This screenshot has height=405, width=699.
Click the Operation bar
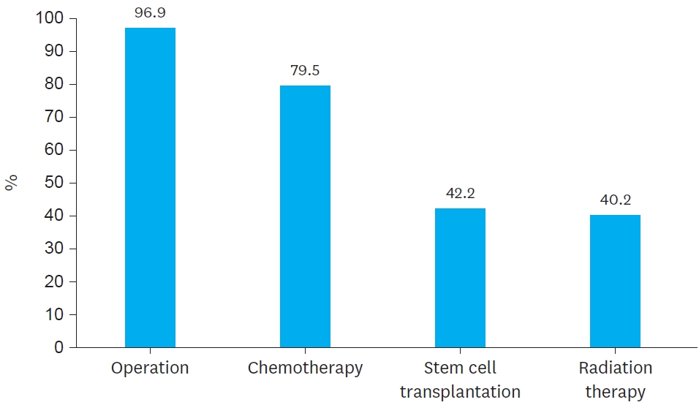[150, 187]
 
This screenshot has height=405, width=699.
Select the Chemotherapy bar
[305, 216]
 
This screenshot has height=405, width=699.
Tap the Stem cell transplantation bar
[460, 278]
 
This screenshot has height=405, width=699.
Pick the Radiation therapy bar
[615, 281]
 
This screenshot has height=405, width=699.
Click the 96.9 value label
[150, 13]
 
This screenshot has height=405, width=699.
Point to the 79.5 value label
[305, 71]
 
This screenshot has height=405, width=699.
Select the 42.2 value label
[460, 194]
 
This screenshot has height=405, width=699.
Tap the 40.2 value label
[615, 200]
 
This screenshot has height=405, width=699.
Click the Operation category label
[150, 368]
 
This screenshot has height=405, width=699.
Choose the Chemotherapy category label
[305, 368]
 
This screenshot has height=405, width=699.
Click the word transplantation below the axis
[460, 392]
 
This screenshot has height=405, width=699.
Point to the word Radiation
[615, 368]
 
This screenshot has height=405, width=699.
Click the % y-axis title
[12, 183]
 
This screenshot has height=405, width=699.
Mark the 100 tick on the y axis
[49, 18]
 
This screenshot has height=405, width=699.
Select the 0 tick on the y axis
[59, 348]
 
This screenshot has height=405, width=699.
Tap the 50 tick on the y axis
[53, 183]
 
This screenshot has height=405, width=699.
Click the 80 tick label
[53, 84]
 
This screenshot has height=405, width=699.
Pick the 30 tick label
[53, 249]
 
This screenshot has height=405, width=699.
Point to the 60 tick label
[53, 150]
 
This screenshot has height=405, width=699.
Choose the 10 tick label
[53, 314]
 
